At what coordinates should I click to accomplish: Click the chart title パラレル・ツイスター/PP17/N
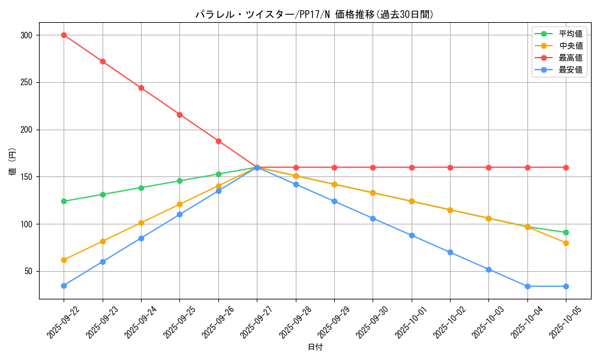tap(314, 14)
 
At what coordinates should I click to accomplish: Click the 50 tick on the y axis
tap(28, 271)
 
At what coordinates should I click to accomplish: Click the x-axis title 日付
tap(315, 347)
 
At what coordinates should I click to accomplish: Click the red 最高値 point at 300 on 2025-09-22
tap(64, 35)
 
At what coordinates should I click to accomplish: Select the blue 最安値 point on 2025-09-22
tap(64, 286)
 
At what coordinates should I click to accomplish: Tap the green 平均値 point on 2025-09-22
tap(64, 201)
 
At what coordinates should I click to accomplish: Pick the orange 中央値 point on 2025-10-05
tap(566, 243)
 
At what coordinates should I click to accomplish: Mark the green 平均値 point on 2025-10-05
tap(566, 232)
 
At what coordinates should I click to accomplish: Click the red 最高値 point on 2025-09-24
tap(141, 88)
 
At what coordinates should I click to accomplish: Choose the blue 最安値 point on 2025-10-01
tap(412, 235)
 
